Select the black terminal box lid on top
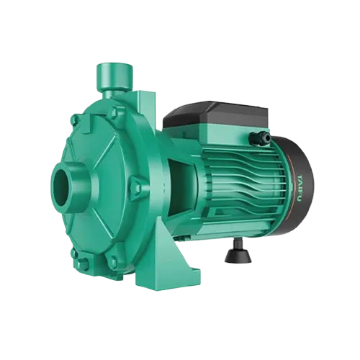pyautogui.click(x=215, y=114)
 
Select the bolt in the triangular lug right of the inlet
pyautogui.click(x=137, y=184)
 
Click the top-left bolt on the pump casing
pyautogui.click(x=76, y=120)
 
